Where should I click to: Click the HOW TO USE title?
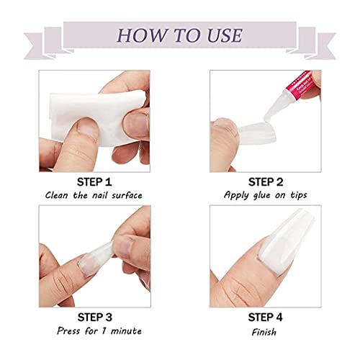click(x=180, y=35)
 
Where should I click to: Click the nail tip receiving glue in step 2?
click(x=245, y=137)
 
